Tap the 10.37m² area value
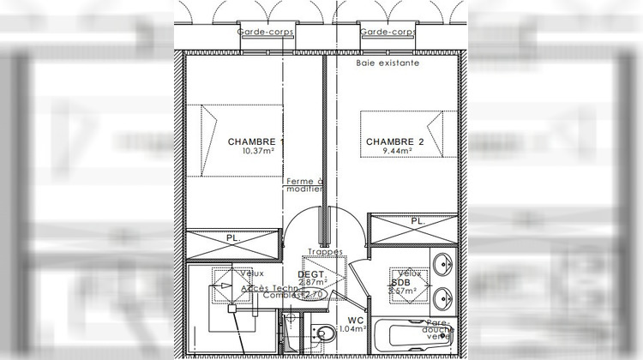pyautogui.click(x=256, y=151)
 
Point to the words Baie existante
pyautogui.click(x=388, y=63)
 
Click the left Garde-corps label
pyautogui.click(x=266, y=33)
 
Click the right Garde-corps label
pyautogui.click(x=387, y=33)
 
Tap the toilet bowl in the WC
pyautogui.click(x=326, y=334)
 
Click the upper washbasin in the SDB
pyautogui.click(x=442, y=265)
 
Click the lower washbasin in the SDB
pyautogui.click(x=442, y=297)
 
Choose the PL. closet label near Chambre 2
pyautogui.click(x=418, y=221)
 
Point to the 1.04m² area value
pyautogui.click(x=353, y=328)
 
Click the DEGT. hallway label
pyautogui.click(x=309, y=274)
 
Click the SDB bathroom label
pyautogui.click(x=400, y=282)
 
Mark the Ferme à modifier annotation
pyautogui.click(x=304, y=185)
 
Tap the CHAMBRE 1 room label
pyautogui.click(x=255, y=141)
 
